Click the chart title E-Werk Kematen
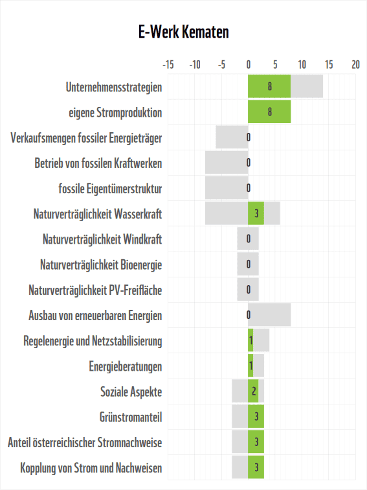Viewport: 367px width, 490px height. (x=183, y=32)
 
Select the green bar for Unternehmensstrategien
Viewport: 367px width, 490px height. (x=269, y=87)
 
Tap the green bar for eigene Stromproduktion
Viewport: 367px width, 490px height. (x=269, y=112)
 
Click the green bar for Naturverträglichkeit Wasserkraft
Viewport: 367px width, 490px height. (x=256, y=213)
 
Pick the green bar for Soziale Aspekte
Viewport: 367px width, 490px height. (x=254, y=391)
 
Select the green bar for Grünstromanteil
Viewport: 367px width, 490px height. (x=256, y=417)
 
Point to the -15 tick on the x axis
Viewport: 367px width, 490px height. (x=168, y=65)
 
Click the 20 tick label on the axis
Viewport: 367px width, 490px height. (x=355, y=65)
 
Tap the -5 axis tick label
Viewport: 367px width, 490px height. (x=221, y=65)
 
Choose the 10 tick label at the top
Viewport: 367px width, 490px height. (x=302, y=65)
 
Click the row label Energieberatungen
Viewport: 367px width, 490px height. (x=126, y=366)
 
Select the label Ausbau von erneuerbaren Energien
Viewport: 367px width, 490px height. (x=95, y=316)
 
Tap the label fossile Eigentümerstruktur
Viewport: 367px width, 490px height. (x=110, y=189)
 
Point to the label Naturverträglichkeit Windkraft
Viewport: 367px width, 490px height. (x=102, y=239)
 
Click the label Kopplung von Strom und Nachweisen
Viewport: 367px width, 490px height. (x=91, y=468)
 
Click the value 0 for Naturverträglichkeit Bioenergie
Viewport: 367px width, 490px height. (x=249, y=264)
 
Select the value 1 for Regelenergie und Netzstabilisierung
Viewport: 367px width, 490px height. (x=250, y=341)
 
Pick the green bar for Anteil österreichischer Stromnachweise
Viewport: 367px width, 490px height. (x=256, y=442)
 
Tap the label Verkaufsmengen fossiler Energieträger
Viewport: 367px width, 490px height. (x=87, y=138)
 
